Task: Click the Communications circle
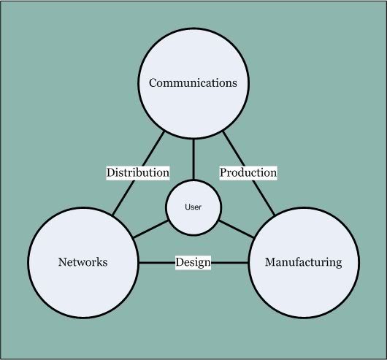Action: click(x=193, y=83)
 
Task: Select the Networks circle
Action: click(x=83, y=263)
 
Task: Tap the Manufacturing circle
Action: click(x=304, y=263)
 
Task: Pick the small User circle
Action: click(x=193, y=207)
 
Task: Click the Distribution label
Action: click(x=138, y=172)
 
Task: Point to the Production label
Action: click(x=248, y=172)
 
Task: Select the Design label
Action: click(x=193, y=263)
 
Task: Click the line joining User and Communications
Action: click(x=193, y=159)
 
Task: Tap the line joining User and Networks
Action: click(x=150, y=229)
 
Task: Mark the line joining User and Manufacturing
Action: click(x=237, y=229)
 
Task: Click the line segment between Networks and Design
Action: click(x=157, y=263)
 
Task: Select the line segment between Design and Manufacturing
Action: click(x=229, y=263)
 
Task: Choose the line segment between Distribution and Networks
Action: click(x=123, y=197)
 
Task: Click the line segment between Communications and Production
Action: click(x=234, y=149)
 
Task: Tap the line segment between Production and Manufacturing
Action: click(x=264, y=197)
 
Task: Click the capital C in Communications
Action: click(x=153, y=83)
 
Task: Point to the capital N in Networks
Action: click(x=63, y=262)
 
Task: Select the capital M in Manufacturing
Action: click(x=270, y=262)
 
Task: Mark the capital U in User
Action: click(x=188, y=207)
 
